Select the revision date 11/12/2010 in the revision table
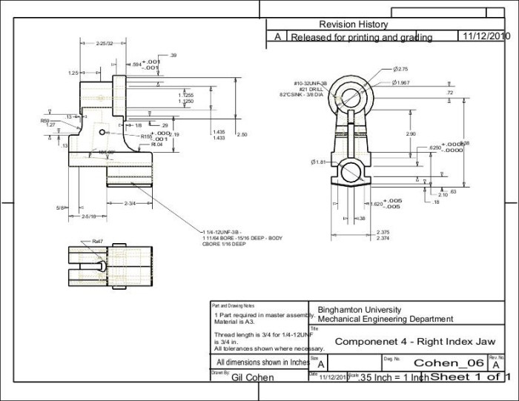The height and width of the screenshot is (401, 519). click(486, 36)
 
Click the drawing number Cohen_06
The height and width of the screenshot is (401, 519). click(449, 362)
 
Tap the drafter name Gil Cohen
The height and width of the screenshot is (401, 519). click(253, 377)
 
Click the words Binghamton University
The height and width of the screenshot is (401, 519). click(359, 310)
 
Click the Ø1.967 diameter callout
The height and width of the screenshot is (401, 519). click(401, 82)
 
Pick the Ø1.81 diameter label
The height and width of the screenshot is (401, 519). click(320, 162)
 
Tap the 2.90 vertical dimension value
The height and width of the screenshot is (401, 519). click(411, 133)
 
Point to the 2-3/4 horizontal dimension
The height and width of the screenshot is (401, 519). click(129, 202)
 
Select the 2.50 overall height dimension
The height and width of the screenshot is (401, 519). click(242, 135)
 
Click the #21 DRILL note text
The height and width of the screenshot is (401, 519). click(308, 89)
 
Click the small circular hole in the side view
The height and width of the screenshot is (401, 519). click(101, 133)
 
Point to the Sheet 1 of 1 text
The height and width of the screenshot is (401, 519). click(472, 377)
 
